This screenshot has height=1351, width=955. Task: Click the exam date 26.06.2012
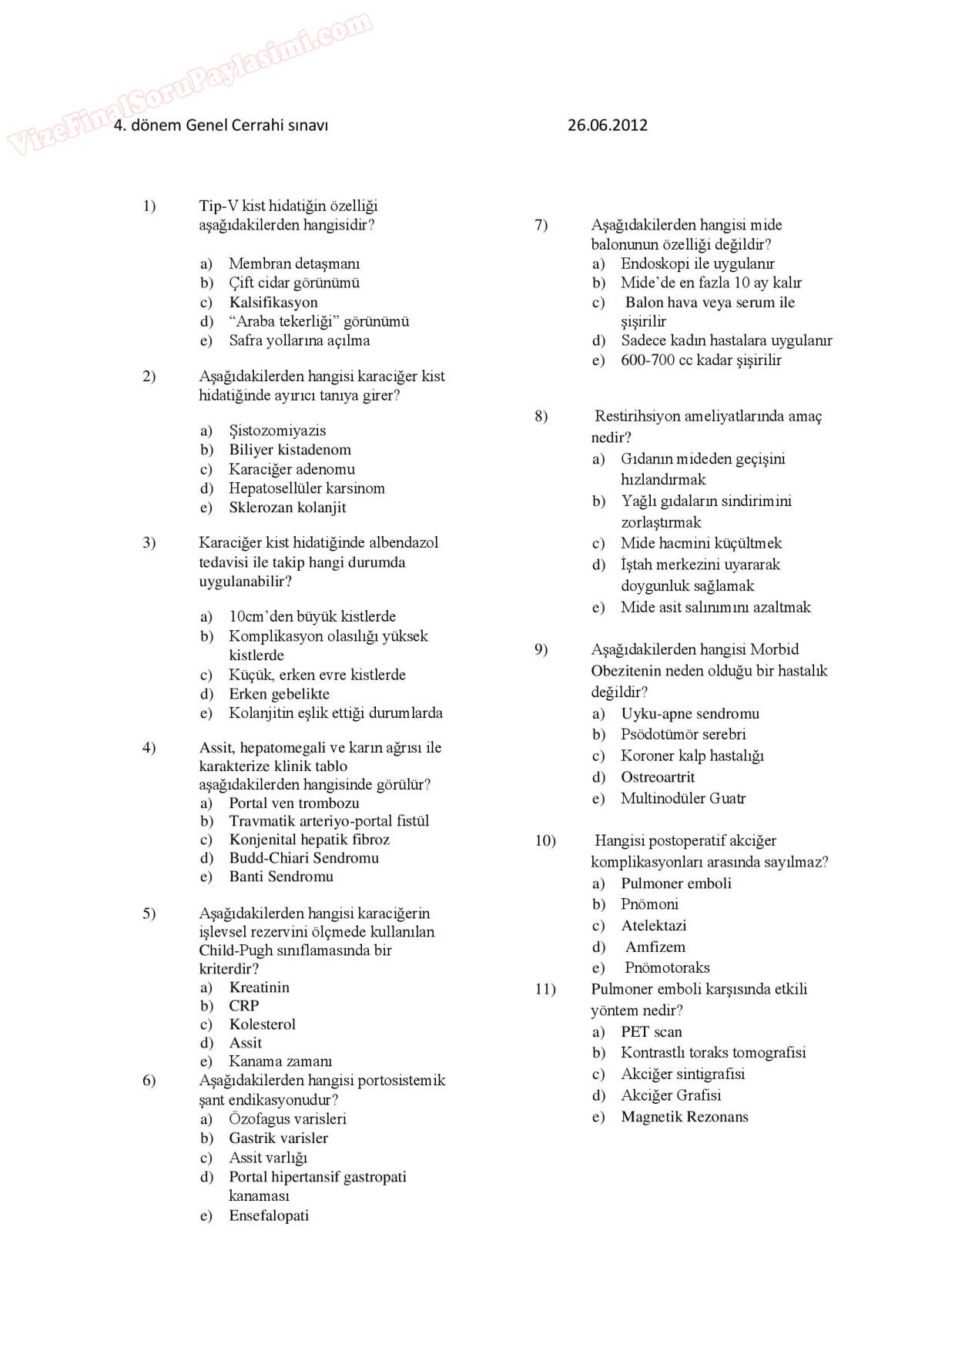click(x=607, y=125)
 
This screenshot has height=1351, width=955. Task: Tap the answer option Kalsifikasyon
click(x=273, y=303)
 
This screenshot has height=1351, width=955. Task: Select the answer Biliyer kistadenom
click(x=290, y=450)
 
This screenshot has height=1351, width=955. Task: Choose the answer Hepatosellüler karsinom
click(x=307, y=488)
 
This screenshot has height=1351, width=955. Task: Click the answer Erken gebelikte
click(x=279, y=694)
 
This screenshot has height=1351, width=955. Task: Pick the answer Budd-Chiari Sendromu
click(x=303, y=858)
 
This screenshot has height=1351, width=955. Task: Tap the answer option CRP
click(x=243, y=1006)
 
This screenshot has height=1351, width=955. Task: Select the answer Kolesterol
click(x=262, y=1024)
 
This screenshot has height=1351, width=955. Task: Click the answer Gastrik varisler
click(x=278, y=1138)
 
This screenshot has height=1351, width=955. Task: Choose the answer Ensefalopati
click(x=269, y=1216)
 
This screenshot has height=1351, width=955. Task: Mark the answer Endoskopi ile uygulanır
click(x=697, y=263)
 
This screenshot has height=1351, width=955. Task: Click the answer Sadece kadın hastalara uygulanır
click(x=726, y=340)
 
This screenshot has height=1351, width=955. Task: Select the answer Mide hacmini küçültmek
click(x=701, y=543)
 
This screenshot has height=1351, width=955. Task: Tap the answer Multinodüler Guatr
click(x=683, y=799)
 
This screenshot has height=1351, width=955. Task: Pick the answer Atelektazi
click(x=653, y=926)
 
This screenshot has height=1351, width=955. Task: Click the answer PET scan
click(x=651, y=1032)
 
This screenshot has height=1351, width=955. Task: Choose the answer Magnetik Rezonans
click(x=684, y=1117)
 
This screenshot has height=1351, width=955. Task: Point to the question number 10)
click(x=545, y=841)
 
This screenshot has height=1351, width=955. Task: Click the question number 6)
click(x=149, y=1081)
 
